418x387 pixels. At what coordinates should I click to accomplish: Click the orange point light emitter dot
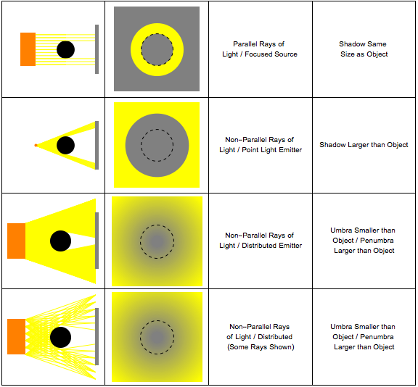pyautogui.click(x=36, y=146)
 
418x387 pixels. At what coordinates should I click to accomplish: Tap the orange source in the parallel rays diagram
pyautogui.click(x=28, y=49)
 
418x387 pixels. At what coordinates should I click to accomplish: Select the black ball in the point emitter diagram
pyautogui.click(x=65, y=146)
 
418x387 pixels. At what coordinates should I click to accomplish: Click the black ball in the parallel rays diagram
pyautogui.click(x=65, y=49)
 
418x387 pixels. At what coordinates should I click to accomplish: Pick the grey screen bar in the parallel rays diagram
pyautogui.click(x=97, y=49)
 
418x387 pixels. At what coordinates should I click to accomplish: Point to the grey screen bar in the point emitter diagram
pyautogui.click(x=97, y=146)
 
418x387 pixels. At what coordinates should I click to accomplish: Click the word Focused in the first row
pyautogui.click(x=258, y=54)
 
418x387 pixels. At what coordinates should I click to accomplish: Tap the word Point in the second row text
pyautogui.click(x=249, y=150)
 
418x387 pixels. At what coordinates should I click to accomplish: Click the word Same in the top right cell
pyautogui.click(x=379, y=44)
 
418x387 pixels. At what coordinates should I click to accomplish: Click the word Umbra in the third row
pyautogui.click(x=340, y=230)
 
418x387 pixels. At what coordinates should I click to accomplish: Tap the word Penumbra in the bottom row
pyautogui.click(x=377, y=337)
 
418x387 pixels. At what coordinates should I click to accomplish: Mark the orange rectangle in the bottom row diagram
pyautogui.click(x=16, y=336)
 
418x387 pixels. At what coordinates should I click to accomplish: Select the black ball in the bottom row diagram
pyautogui.click(x=60, y=337)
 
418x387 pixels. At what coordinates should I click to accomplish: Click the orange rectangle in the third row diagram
pyautogui.click(x=16, y=241)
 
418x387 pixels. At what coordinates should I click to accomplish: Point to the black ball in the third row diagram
pyautogui.click(x=60, y=241)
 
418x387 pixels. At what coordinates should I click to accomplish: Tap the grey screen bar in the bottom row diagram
pyautogui.click(x=97, y=336)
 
